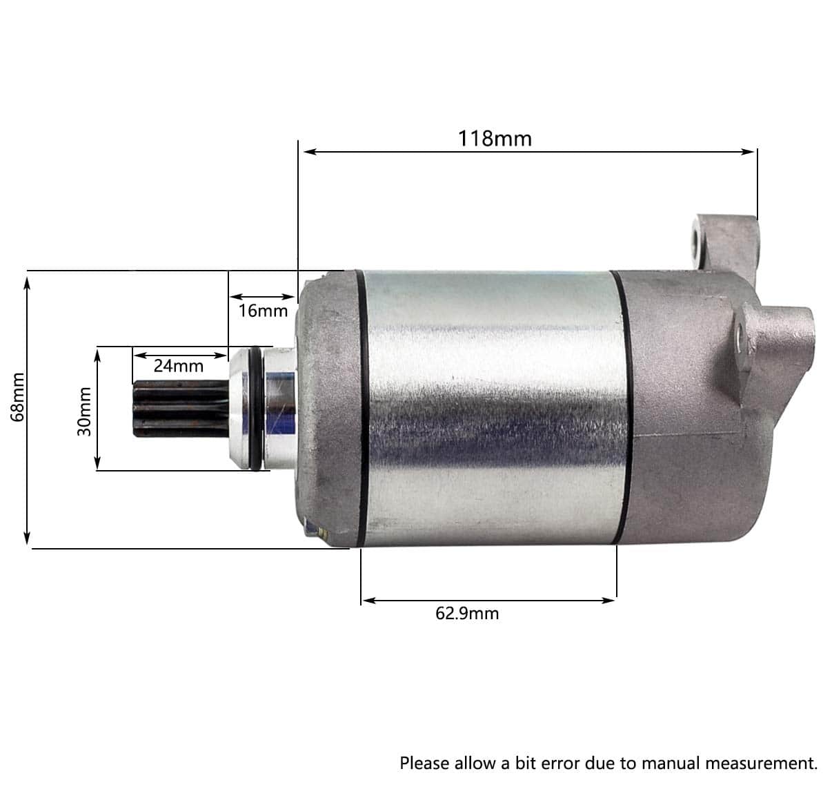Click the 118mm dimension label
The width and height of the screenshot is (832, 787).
click(494, 139)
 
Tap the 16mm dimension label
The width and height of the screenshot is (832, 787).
click(263, 311)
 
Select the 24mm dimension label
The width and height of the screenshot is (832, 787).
click(178, 366)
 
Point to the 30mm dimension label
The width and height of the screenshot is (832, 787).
click(85, 411)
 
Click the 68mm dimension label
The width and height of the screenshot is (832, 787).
click(18, 398)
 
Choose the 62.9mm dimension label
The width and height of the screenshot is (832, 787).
click(467, 613)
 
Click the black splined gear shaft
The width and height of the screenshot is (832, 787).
click(181, 409)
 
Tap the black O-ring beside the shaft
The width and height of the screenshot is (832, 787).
click(256, 408)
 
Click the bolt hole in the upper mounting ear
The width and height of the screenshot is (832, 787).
click(698, 242)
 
